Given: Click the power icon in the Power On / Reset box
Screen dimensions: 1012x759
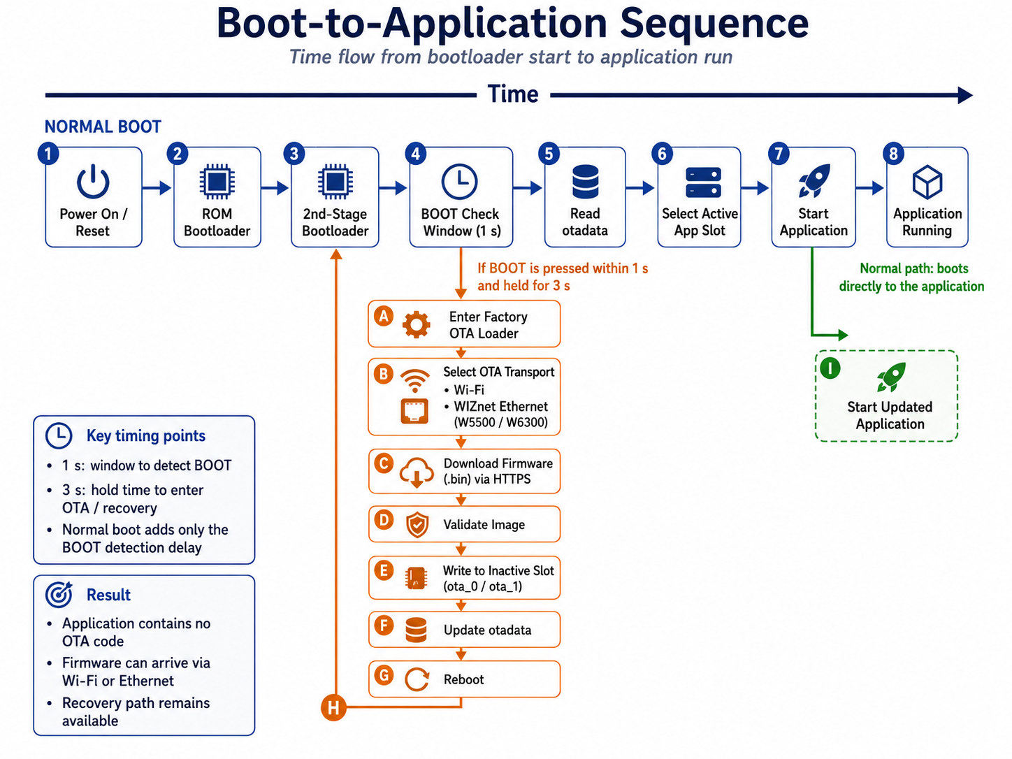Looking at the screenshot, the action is [93, 182].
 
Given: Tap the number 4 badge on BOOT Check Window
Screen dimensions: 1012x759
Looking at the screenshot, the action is [415, 154].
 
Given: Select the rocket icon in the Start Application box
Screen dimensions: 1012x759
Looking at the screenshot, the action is [814, 180].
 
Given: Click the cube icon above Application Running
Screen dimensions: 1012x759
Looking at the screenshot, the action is [927, 182].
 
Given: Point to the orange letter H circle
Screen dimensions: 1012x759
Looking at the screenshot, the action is [333, 707].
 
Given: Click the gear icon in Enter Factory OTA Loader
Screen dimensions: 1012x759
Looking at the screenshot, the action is [417, 324].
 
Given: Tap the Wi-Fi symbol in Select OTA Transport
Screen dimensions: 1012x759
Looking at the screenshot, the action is [414, 380].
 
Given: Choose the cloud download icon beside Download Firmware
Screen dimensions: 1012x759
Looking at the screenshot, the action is [417, 472].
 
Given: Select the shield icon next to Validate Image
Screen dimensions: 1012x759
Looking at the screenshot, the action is [417, 524].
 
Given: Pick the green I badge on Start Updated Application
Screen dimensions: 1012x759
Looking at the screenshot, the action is [830, 368].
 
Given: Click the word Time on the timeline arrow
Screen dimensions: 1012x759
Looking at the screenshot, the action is [513, 94].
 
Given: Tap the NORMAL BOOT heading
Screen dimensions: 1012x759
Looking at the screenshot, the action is [103, 127].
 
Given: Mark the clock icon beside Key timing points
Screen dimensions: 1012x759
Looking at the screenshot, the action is [59, 435].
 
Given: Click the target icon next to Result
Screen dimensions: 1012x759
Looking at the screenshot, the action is [59, 595].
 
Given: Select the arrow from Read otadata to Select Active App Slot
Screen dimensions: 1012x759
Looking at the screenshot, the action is [640, 187].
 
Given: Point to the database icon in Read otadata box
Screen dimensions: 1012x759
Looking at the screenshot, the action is [585, 182].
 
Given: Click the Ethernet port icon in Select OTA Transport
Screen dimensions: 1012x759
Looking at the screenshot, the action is [414, 411].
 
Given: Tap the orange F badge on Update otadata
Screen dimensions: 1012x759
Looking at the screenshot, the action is [384, 626].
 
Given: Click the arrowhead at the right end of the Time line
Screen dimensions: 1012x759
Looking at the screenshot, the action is [965, 95].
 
